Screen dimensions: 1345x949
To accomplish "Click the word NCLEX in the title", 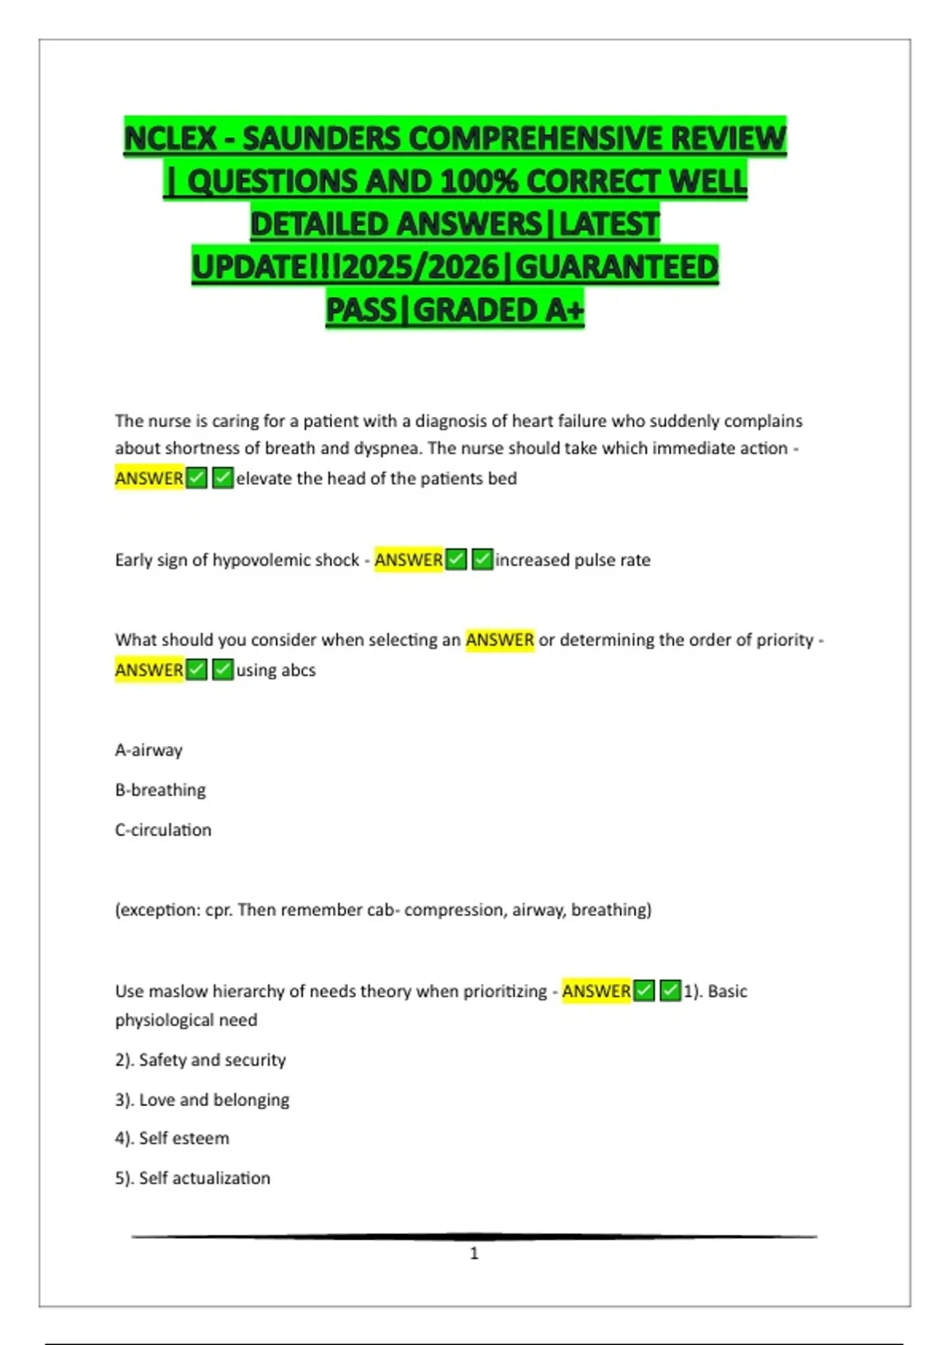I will tap(170, 138).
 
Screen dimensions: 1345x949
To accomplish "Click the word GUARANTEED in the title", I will tap(617, 267).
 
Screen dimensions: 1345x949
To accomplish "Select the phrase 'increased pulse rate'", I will tap(573, 560).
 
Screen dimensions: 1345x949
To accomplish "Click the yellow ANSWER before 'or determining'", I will tap(500, 639).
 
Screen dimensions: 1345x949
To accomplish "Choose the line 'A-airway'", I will tap(149, 750).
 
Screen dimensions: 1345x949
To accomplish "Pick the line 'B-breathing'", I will tap(161, 790).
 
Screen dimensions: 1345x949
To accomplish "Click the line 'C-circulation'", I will tap(163, 830).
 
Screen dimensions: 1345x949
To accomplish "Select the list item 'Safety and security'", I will tap(212, 1060).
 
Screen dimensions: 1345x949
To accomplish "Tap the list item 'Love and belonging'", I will tap(214, 1100).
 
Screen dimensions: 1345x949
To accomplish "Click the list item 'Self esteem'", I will tap(183, 1139).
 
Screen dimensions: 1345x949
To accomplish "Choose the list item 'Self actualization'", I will tap(204, 1178).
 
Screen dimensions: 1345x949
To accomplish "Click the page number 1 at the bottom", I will tap(475, 1253).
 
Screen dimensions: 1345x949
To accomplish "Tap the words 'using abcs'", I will tap(275, 670).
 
